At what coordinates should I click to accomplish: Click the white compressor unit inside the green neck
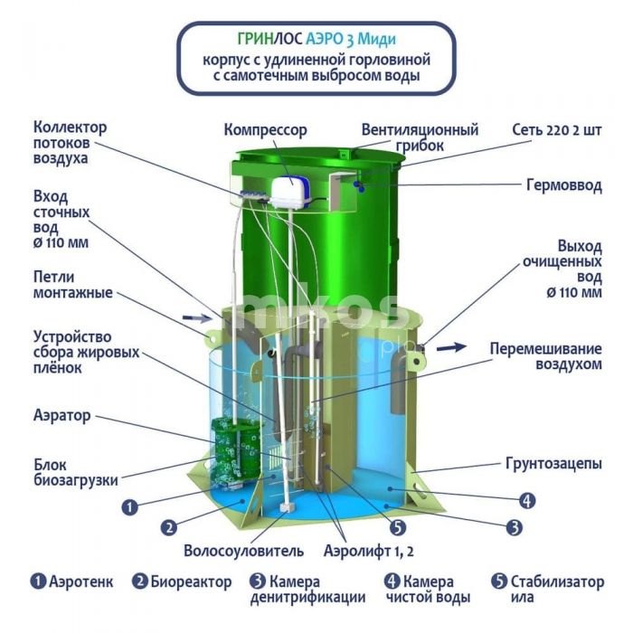(x=290, y=192)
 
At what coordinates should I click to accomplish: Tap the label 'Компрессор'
(x=266, y=130)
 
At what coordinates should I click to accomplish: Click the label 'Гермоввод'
(x=564, y=185)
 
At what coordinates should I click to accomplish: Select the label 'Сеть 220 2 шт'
(x=557, y=130)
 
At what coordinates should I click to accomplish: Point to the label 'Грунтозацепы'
(x=553, y=463)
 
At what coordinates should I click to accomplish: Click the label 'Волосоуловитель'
(x=243, y=551)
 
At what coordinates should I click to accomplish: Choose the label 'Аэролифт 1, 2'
(x=369, y=551)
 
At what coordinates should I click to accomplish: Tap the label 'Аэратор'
(x=62, y=415)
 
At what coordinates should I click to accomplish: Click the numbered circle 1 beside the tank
(x=129, y=507)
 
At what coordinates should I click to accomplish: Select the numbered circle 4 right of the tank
(x=527, y=501)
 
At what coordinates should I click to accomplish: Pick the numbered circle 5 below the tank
(x=398, y=527)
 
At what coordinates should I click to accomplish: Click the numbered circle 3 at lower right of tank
(x=514, y=527)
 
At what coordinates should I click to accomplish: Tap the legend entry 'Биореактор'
(x=182, y=581)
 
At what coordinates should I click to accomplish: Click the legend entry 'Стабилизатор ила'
(x=548, y=589)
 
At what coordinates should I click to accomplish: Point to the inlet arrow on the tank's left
(x=196, y=318)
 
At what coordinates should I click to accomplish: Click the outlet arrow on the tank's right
(x=452, y=346)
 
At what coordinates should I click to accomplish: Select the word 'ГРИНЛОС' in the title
(x=270, y=38)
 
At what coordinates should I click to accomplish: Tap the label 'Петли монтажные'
(x=73, y=285)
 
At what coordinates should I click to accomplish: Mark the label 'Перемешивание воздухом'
(x=546, y=356)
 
